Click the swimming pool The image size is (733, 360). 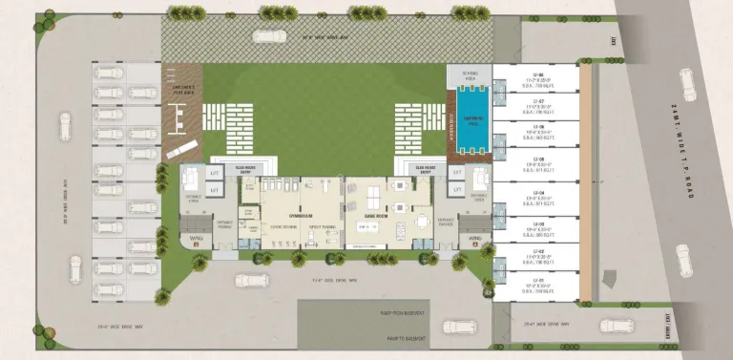(470, 118)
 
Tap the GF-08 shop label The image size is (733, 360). (537, 72)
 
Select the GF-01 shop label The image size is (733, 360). (537, 280)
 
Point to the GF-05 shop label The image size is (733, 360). (537, 160)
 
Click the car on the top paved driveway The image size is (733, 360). (266, 37)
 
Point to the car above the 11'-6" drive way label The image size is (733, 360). (249, 280)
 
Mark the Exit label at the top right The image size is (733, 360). (614, 41)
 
